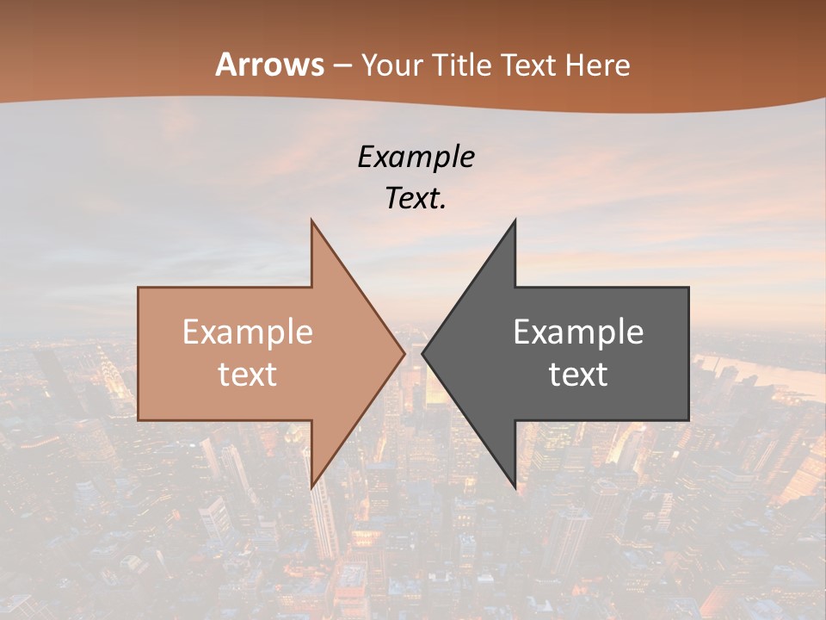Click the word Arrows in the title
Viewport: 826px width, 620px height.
[x=269, y=65]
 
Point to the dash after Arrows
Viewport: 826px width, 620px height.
[x=342, y=65]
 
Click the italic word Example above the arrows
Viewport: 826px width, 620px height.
[x=416, y=157]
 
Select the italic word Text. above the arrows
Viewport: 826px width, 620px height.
[x=416, y=199]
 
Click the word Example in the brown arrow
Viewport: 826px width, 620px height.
[x=248, y=332]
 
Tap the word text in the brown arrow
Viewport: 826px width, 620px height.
[x=248, y=375]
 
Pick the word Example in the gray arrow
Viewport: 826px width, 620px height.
[x=578, y=332]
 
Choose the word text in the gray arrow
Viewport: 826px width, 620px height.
[x=578, y=375]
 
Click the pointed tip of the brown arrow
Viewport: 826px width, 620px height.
[x=404, y=353]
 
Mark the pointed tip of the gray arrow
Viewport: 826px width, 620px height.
[x=422, y=353]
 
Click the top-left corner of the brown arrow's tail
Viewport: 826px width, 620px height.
[x=139, y=288]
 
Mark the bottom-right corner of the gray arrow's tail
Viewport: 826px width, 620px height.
[x=687, y=419]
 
